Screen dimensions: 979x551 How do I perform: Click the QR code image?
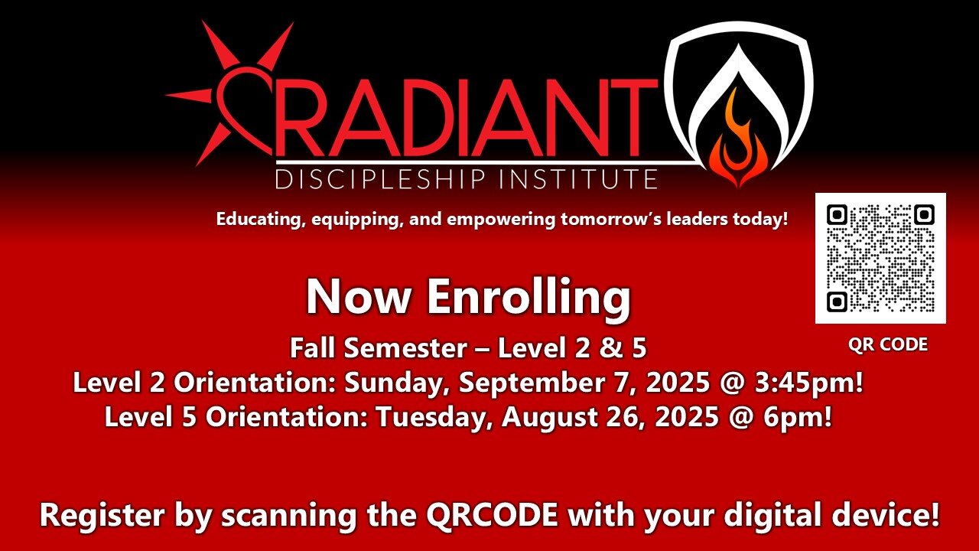[880, 258]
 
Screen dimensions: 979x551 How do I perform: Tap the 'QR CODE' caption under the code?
[888, 344]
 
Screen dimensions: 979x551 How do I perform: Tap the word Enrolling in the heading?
[529, 298]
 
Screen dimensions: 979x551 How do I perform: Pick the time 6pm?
[798, 417]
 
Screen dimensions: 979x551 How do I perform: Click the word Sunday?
[396, 383]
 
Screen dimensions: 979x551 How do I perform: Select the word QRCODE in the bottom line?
[492, 515]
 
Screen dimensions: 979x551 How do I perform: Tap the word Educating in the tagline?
[260, 220]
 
